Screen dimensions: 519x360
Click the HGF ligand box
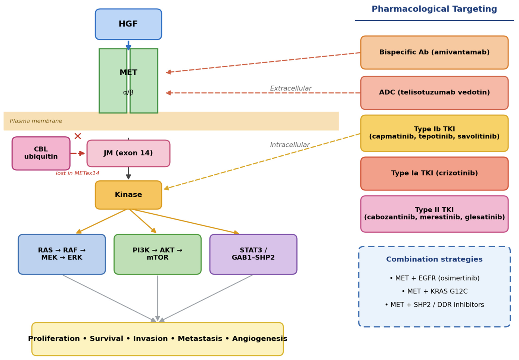[x=128, y=24]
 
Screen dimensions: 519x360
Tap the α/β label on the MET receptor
[x=128, y=93]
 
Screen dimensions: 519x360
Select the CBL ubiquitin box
[x=41, y=153]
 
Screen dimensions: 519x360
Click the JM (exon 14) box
[x=128, y=153]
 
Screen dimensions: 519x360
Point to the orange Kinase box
[x=128, y=195]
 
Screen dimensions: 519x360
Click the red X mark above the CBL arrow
[x=78, y=136]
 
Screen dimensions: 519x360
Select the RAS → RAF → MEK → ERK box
[x=62, y=254]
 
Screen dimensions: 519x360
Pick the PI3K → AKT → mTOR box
[x=158, y=254]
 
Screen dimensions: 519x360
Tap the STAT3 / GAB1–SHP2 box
[x=253, y=254]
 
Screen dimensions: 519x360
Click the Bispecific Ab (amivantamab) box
[x=435, y=52]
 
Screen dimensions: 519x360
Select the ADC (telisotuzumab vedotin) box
[x=435, y=93]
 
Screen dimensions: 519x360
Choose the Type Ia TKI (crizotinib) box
[x=435, y=173]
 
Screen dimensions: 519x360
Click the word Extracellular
[x=290, y=88]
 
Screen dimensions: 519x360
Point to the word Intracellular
[x=290, y=145]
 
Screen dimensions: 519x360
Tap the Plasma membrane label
[x=36, y=121]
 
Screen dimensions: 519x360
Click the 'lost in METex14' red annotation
[x=77, y=173]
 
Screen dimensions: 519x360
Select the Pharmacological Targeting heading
[x=434, y=9]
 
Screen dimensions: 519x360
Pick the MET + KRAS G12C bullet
[x=435, y=291]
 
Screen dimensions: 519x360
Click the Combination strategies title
[x=434, y=259]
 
